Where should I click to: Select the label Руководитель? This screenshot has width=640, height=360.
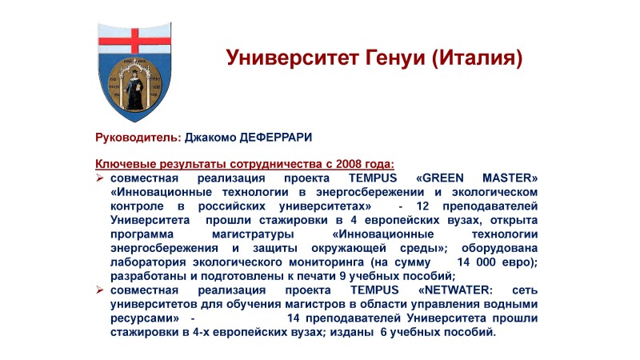tap(138, 138)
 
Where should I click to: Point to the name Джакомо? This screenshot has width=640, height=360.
tap(210, 138)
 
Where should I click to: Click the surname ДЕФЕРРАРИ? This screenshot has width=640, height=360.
tap(275, 138)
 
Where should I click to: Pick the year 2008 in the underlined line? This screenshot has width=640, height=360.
tap(349, 164)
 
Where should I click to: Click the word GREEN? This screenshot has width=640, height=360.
tap(439, 178)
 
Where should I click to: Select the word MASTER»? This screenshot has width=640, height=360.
tap(510, 178)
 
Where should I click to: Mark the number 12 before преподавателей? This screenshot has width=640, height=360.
tap(422, 206)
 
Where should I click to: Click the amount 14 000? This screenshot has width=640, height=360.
tap(476, 262)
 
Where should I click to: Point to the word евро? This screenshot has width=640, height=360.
tap(516, 262)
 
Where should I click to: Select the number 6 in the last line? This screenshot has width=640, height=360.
tap(383, 332)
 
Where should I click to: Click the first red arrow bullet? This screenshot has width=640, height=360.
tap(100, 178)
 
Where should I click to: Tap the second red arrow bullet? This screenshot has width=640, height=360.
tap(100, 290)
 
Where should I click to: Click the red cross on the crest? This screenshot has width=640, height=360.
tap(134, 41)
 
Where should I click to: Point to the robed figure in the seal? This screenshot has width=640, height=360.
tap(134, 90)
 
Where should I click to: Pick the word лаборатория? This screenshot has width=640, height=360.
tap(148, 262)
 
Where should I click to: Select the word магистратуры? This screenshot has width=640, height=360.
tap(253, 234)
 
